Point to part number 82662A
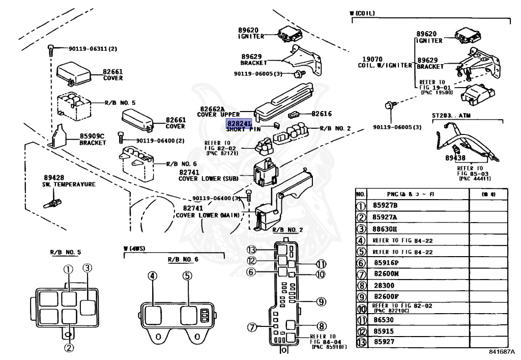pyautogui.click(x=212, y=109)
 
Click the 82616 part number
pyautogui.click(x=322, y=114)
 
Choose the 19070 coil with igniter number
pyautogui.click(x=372, y=59)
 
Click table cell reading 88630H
pyautogui.click(x=385, y=229)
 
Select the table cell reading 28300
pyautogui.click(x=383, y=286)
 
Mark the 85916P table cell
pyautogui.click(x=386, y=263)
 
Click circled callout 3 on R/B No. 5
pyautogui.click(x=88, y=268)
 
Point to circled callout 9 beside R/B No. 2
pyautogui.click(x=321, y=301)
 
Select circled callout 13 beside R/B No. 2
pyautogui.click(x=251, y=250)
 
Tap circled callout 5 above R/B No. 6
pyautogui.click(x=187, y=276)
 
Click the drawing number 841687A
pyautogui.click(x=502, y=352)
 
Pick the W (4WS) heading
pyautogui.click(x=134, y=249)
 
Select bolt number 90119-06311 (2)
pyautogui.click(x=93, y=49)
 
